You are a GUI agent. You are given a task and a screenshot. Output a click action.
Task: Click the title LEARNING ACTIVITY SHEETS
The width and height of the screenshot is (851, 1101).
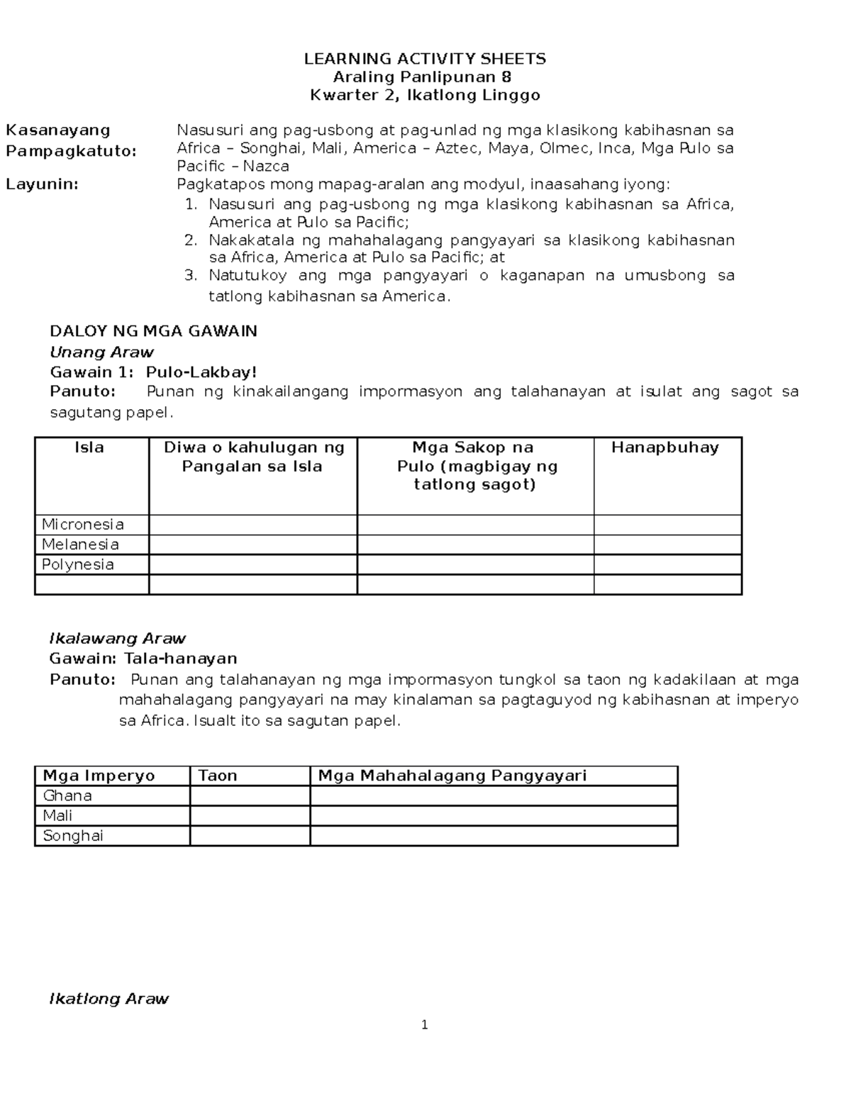(425, 59)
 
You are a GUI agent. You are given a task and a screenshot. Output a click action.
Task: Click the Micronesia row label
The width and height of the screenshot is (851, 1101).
(82, 525)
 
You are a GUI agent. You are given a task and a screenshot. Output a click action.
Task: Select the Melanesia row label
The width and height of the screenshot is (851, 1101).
(80, 544)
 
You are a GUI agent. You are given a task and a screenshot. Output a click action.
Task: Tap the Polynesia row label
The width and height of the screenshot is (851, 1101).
(77, 564)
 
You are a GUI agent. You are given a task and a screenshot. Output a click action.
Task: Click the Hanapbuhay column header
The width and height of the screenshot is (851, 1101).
(665, 447)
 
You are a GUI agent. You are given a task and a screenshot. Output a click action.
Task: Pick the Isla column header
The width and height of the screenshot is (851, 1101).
(89, 447)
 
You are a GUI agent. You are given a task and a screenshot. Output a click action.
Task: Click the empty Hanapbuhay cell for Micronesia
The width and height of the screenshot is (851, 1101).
(667, 525)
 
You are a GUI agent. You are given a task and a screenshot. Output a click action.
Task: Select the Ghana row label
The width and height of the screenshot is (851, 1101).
(67, 795)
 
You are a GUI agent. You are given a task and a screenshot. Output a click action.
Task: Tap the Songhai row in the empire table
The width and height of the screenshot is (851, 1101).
(73, 835)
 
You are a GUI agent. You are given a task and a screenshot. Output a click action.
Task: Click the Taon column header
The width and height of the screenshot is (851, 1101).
(217, 776)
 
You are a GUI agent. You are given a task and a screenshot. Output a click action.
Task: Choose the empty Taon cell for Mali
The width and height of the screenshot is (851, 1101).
(250, 815)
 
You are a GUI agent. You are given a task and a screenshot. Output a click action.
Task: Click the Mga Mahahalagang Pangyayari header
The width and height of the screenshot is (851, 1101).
(452, 776)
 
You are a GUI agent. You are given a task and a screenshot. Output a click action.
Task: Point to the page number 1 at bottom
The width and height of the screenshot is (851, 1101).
(424, 1024)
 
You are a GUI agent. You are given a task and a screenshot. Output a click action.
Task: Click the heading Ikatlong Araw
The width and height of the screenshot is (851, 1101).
(109, 999)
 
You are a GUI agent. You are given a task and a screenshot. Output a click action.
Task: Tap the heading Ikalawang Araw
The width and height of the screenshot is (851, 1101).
(117, 638)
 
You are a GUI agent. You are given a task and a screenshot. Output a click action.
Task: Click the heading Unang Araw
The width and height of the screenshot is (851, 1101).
(101, 352)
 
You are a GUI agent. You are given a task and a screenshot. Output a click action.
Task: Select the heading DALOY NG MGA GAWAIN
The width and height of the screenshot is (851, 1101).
(153, 331)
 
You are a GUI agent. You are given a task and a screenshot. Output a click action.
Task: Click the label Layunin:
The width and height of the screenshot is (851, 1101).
(42, 184)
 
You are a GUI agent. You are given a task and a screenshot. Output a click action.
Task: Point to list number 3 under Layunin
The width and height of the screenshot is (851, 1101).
(189, 275)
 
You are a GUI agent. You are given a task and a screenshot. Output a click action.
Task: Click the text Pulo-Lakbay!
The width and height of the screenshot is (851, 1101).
(201, 372)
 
